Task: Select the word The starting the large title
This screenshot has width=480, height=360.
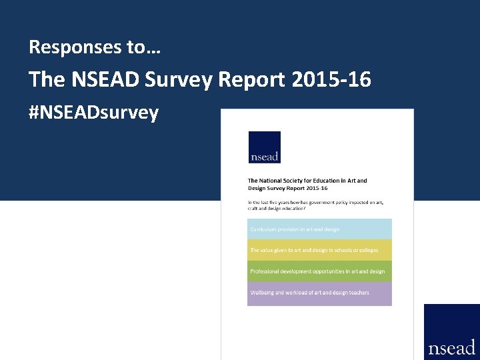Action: [47, 80]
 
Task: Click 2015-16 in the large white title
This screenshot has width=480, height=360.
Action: [331, 80]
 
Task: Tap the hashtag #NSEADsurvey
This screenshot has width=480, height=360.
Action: [94, 113]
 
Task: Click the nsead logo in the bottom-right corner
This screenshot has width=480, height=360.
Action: [452, 332]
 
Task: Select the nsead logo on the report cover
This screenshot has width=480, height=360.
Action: [264, 147]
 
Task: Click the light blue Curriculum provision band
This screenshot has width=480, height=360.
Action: [319, 229]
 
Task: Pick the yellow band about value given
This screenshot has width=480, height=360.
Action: [319, 250]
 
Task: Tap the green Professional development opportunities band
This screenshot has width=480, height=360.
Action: [319, 271]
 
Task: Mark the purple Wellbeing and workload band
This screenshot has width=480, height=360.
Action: [319, 293]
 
